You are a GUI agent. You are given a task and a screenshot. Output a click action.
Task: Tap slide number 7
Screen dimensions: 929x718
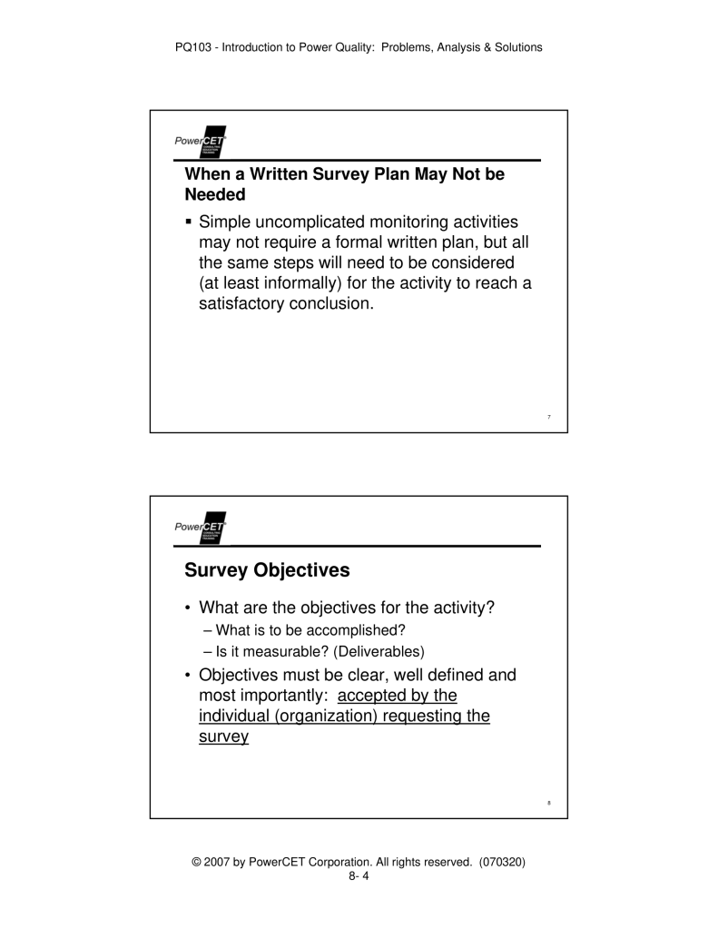tap(549, 418)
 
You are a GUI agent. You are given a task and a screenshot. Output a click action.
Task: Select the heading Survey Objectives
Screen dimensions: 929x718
tap(266, 571)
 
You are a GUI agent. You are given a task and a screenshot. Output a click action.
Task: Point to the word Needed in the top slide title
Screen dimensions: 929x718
tap(215, 194)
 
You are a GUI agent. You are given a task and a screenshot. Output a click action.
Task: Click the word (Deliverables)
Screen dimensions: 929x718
tap(377, 650)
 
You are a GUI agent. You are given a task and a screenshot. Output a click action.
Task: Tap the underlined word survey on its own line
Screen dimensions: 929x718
tap(223, 737)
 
